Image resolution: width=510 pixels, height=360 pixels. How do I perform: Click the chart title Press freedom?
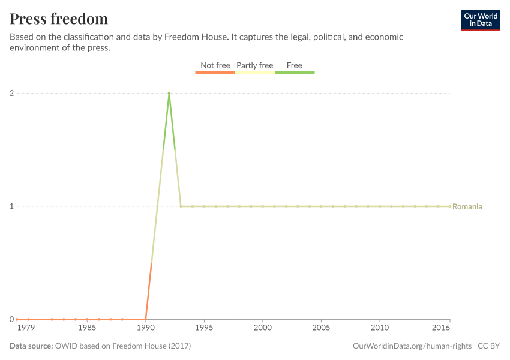pyautogui.click(x=59, y=19)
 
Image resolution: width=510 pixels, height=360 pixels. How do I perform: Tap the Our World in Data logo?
pyautogui.click(x=480, y=20)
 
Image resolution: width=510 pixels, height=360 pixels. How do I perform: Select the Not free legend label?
pyautogui.click(x=215, y=65)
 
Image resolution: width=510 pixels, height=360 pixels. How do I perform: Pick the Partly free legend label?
pyautogui.click(x=255, y=65)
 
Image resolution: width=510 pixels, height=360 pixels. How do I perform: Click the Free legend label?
pyautogui.click(x=295, y=65)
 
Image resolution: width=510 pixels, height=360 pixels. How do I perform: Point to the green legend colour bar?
pyautogui.click(x=295, y=73)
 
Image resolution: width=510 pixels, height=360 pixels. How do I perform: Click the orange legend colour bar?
pyautogui.click(x=215, y=73)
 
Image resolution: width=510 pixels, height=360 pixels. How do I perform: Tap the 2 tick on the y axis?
pyautogui.click(x=11, y=93)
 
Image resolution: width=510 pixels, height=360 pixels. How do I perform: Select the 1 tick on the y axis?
pyautogui.click(x=11, y=206)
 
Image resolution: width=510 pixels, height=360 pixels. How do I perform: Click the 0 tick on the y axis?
pyautogui.click(x=11, y=319)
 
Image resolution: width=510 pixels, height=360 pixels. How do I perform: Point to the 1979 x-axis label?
pyautogui.click(x=26, y=328)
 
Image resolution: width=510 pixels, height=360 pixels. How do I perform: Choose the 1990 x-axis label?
pyautogui.click(x=146, y=328)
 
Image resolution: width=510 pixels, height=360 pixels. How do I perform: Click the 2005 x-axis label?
pyautogui.click(x=321, y=328)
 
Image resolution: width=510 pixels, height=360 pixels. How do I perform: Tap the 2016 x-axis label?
pyautogui.click(x=441, y=328)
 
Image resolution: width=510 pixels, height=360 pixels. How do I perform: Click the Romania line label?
pyautogui.click(x=467, y=206)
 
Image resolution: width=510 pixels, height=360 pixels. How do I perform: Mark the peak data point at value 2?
pyautogui.click(x=169, y=93)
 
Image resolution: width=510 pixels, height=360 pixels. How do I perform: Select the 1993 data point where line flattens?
pyautogui.click(x=181, y=206)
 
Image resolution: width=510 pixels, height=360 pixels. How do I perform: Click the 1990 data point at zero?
pyautogui.click(x=146, y=319)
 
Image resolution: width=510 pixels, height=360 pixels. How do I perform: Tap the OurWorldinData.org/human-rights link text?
pyautogui.click(x=412, y=346)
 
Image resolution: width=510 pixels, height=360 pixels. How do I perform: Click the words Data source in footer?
pyautogui.click(x=31, y=346)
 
